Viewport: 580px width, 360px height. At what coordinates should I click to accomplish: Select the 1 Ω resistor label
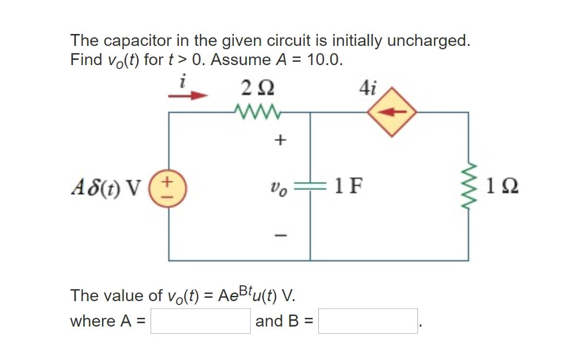coord(499,186)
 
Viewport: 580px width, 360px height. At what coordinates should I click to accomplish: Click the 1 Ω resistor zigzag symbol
coord(468,186)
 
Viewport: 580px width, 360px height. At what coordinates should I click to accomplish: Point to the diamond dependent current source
coord(391,112)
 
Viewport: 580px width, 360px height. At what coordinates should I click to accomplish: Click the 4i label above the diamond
coord(368,88)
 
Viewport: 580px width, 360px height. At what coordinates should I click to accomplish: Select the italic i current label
coord(181,81)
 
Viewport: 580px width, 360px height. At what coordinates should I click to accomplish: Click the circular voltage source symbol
coord(169,186)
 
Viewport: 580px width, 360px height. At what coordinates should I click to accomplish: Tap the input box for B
coord(368,321)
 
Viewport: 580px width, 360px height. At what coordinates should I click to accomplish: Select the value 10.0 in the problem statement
coord(323,60)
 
